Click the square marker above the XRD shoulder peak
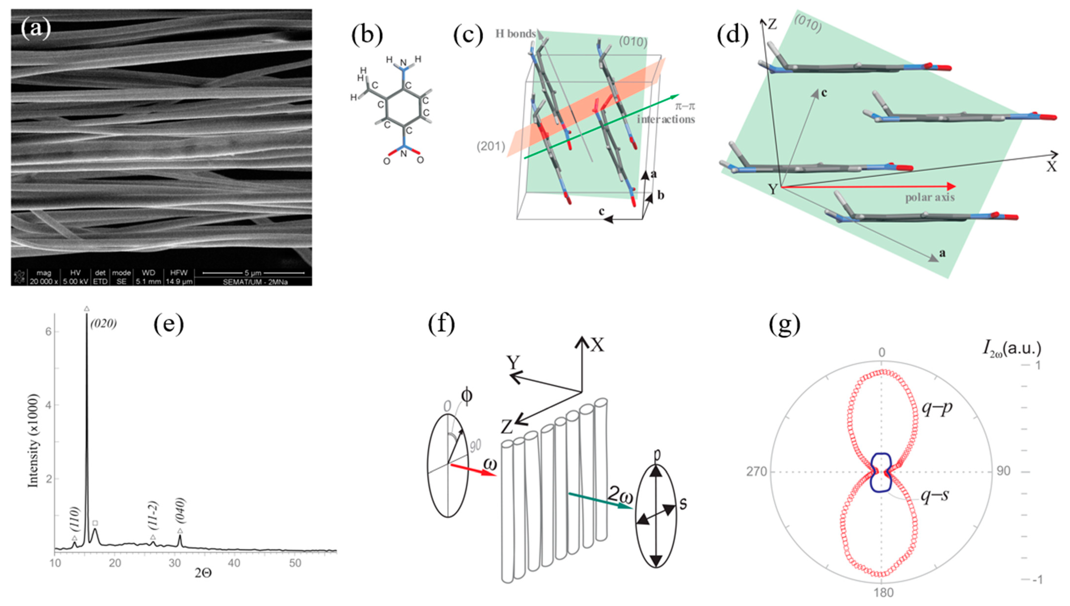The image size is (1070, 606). point(95,523)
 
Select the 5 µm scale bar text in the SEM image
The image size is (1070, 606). point(253,273)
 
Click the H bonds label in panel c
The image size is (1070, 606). point(515,34)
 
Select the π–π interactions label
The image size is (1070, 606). point(665,113)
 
